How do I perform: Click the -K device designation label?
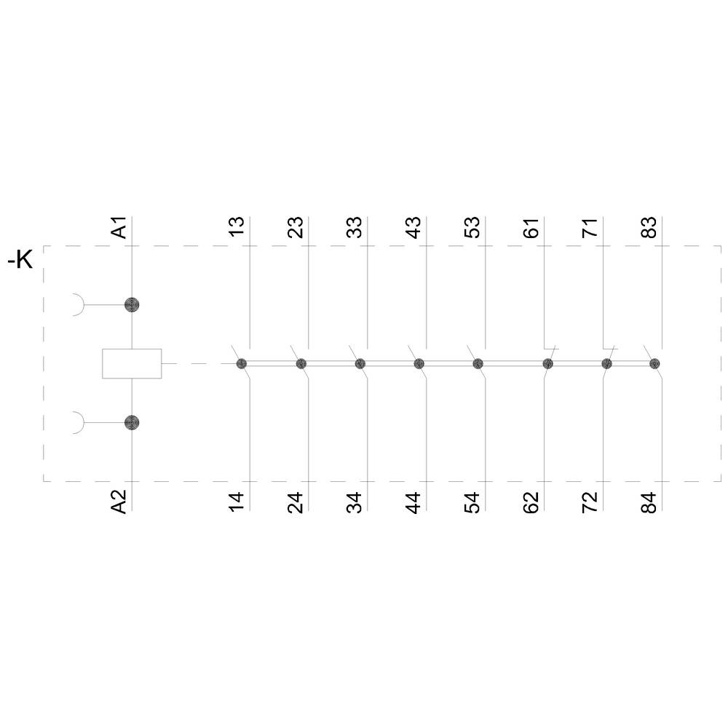20,260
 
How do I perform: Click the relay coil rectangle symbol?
131,363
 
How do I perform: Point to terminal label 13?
237,227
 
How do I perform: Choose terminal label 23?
296,227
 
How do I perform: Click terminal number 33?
355,227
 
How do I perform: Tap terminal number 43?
414,227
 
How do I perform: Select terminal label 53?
472,227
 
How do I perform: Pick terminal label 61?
531,227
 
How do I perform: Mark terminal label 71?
590,227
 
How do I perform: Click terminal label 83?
649,227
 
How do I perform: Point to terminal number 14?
237,502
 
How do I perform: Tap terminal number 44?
414,502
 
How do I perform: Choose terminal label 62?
531,502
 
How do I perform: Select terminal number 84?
649,502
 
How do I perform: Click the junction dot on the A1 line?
131,304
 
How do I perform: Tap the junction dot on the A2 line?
131,422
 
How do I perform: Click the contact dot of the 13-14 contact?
242,363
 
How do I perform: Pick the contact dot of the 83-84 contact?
654,363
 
